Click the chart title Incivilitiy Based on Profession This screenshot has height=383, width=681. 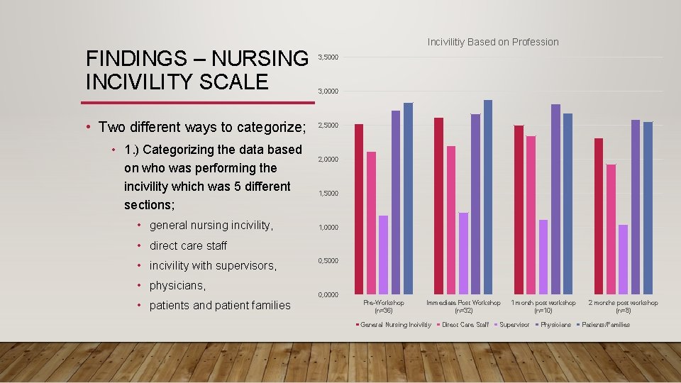tap(493, 42)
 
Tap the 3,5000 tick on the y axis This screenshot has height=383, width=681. tap(328, 57)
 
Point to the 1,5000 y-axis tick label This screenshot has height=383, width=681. tap(328, 193)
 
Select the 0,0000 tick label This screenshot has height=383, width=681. tap(328, 294)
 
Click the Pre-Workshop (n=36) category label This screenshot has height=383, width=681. tap(383, 306)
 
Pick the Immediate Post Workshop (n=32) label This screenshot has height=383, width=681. tap(463, 306)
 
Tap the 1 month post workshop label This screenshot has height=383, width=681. tap(543, 306)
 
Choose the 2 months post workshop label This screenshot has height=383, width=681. tap(623, 306)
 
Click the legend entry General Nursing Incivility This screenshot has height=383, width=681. tap(395, 325)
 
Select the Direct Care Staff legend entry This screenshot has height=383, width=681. tap(465, 325)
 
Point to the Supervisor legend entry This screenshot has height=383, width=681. tap(514, 325)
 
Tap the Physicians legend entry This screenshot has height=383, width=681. tap(555, 325)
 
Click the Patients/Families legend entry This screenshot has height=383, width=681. tap(606, 325)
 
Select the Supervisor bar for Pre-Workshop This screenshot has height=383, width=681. tap(383, 255)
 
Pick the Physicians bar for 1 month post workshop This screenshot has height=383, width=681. tap(555, 199)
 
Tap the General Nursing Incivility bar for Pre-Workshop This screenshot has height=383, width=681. tap(359, 209)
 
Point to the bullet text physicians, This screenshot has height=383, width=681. tap(177, 285)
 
